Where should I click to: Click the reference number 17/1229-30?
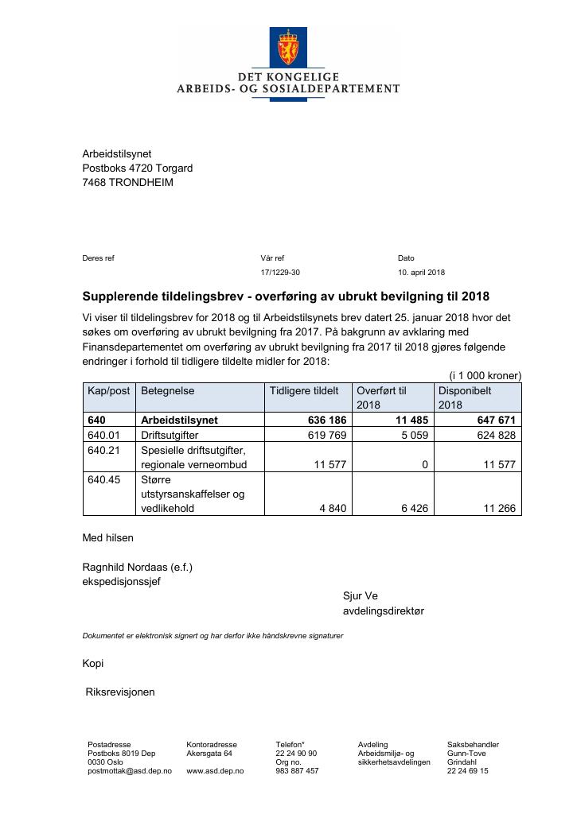[x=280, y=273]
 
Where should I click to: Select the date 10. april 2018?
[x=421, y=273]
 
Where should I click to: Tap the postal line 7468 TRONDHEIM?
[x=127, y=182]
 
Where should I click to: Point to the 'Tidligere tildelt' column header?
[x=304, y=391]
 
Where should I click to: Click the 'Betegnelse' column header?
[x=168, y=391]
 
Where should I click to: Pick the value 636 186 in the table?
[x=327, y=420]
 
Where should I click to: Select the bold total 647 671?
[x=495, y=420]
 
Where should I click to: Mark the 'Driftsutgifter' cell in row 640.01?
[x=170, y=435]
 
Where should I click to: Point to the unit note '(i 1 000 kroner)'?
[x=485, y=375]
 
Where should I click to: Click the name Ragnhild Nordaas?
[x=125, y=567]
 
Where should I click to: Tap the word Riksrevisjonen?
[x=120, y=692]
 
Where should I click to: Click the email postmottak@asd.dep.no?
[x=129, y=771]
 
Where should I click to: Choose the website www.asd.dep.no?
[x=215, y=771]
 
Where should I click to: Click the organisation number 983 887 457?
[x=297, y=771]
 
